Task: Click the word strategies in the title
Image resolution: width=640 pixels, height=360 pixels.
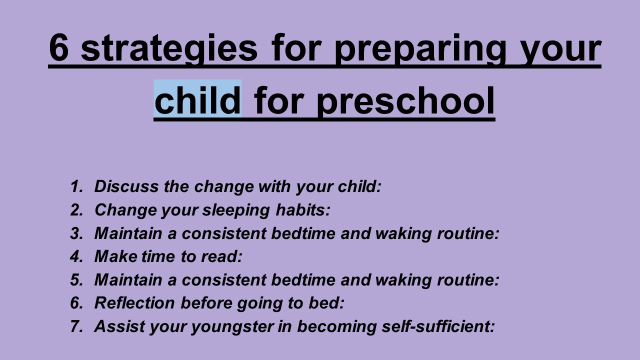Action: coord(169,49)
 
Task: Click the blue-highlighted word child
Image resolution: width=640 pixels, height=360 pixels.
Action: coord(197,99)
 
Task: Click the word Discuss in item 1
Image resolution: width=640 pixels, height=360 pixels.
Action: coord(122,186)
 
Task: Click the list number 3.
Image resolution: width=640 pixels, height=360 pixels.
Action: coord(76,233)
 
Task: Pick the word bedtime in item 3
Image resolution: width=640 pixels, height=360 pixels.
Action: coord(310,233)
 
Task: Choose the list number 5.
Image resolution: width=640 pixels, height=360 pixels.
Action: coord(76,280)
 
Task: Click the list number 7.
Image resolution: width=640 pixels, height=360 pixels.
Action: coord(76,326)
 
